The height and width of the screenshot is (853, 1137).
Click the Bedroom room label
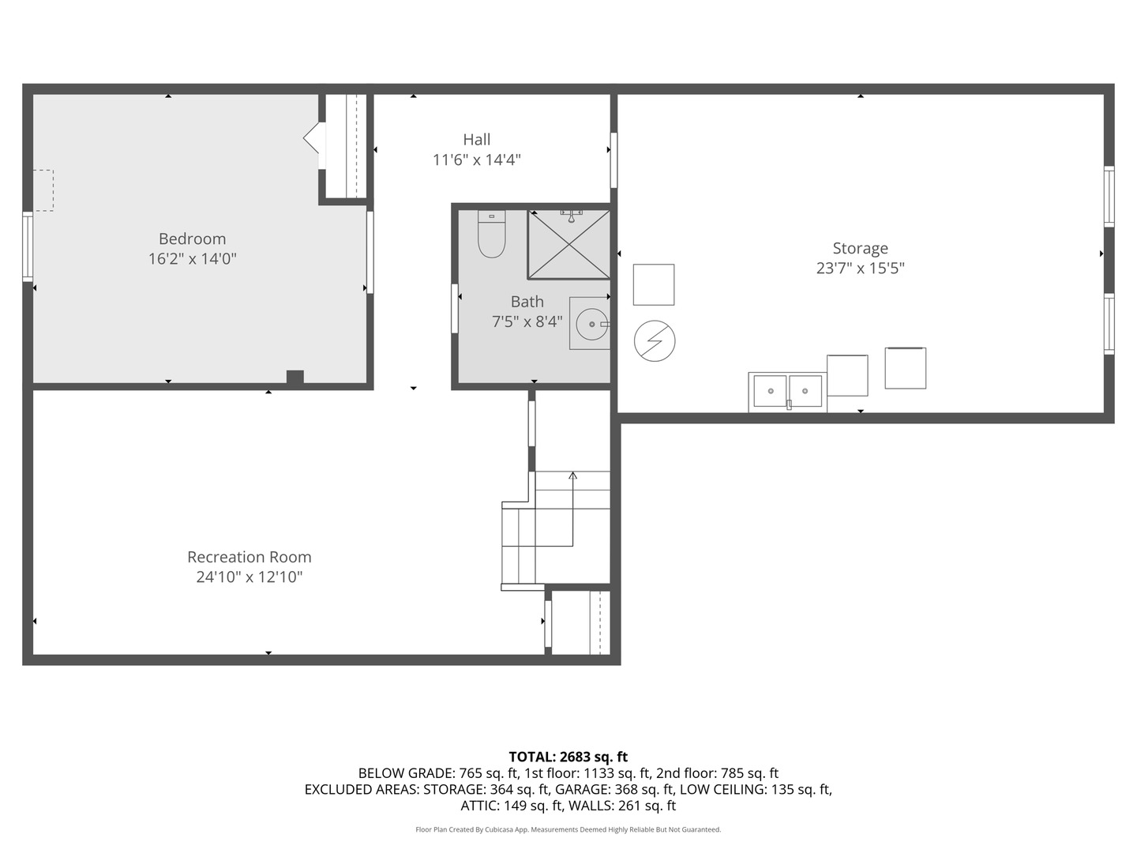(x=192, y=239)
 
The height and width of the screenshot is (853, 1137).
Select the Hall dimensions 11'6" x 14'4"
(x=476, y=160)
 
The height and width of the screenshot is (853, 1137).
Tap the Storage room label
(x=860, y=248)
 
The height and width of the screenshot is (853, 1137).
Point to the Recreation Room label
(x=249, y=557)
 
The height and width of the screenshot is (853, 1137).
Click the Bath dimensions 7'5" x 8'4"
(x=527, y=321)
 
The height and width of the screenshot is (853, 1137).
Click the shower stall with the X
(x=568, y=244)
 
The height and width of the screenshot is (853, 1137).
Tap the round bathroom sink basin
(x=591, y=324)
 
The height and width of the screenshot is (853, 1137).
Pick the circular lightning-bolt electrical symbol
(x=655, y=341)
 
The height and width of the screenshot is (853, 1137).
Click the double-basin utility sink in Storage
(x=787, y=391)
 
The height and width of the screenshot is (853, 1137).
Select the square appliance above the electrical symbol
(x=654, y=284)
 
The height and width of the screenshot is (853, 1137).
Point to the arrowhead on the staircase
(x=572, y=475)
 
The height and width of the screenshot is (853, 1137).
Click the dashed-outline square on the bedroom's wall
(x=43, y=190)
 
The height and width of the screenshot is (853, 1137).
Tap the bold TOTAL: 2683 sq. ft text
(x=568, y=757)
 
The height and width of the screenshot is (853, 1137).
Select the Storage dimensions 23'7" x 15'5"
(x=860, y=269)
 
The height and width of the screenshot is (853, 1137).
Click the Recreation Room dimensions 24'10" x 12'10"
(x=249, y=577)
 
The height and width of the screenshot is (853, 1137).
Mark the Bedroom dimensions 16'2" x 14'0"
(x=192, y=259)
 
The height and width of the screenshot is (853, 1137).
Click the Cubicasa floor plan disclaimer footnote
(x=568, y=829)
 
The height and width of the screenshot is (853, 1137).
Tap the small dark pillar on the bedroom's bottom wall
(x=295, y=378)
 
